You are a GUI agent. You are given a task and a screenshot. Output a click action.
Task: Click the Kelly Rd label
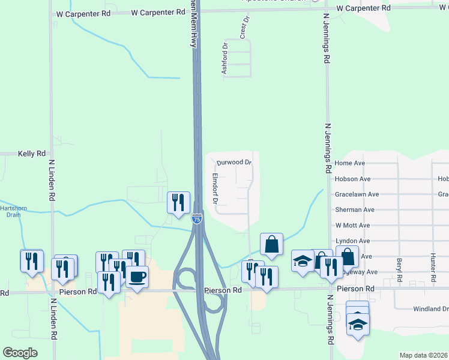[32, 154]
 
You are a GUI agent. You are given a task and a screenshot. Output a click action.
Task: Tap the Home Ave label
[350, 163]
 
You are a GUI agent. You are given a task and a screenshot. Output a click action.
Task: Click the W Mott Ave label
[353, 225]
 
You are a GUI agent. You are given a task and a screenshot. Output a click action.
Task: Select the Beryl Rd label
[399, 270]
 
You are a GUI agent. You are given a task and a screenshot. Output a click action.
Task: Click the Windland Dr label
[430, 309]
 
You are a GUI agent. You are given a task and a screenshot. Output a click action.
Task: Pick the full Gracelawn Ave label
[357, 194]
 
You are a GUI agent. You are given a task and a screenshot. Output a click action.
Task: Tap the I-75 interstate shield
[196, 220]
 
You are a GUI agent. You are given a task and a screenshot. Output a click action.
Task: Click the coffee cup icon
[137, 277]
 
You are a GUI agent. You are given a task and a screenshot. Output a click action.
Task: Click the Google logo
[20, 352]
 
